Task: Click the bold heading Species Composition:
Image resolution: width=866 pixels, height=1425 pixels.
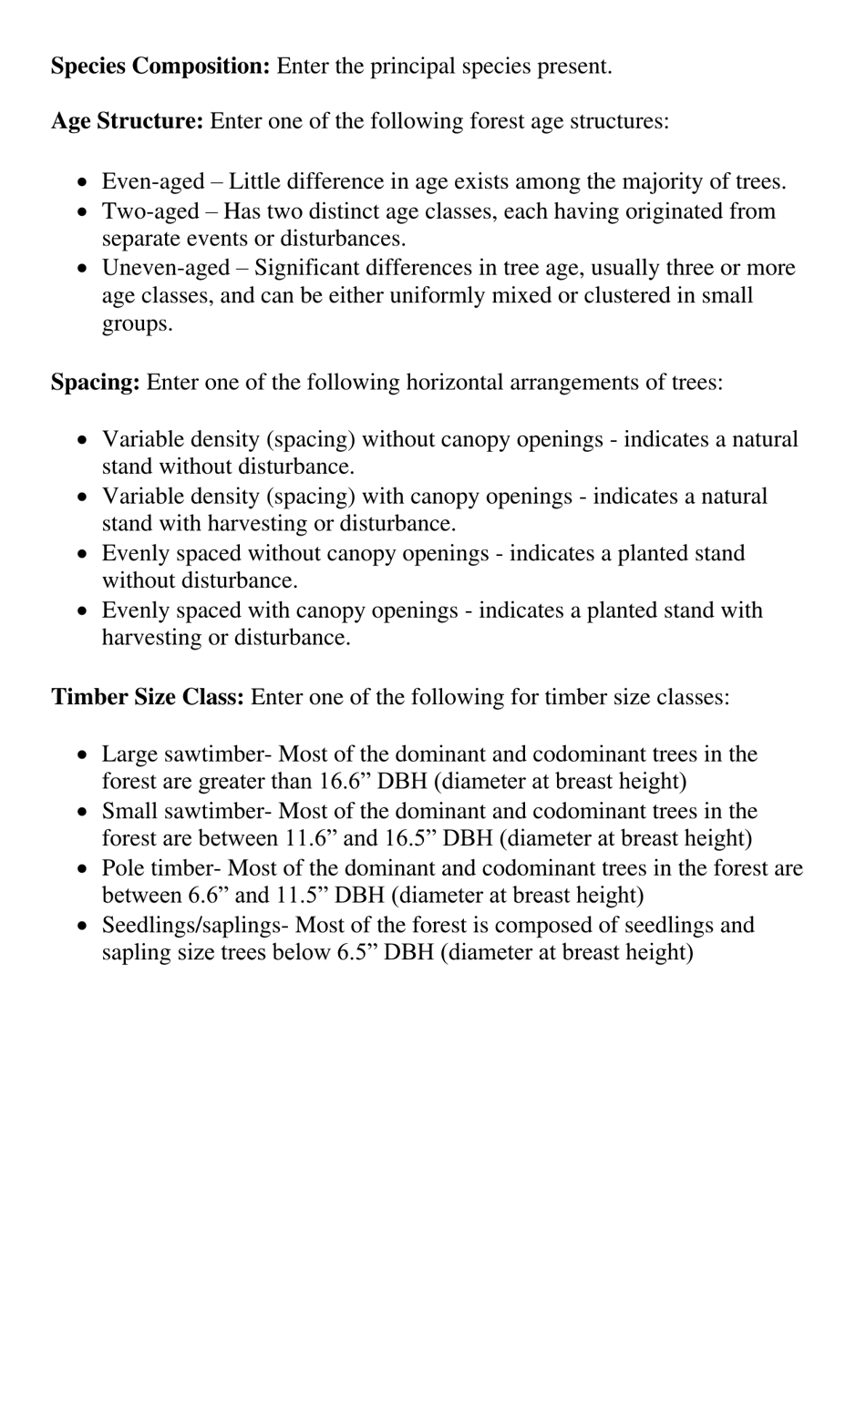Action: click(x=160, y=67)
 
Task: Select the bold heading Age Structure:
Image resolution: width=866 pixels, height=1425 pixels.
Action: click(x=128, y=121)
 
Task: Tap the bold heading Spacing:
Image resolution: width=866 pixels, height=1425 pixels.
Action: click(x=96, y=382)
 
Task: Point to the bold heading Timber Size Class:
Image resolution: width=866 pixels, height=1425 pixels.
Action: click(x=148, y=697)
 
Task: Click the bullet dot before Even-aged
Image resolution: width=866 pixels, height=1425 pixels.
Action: click(x=83, y=183)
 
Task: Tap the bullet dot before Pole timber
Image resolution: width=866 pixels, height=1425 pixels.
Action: click(x=83, y=869)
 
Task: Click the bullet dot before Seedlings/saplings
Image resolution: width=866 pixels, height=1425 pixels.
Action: click(x=83, y=927)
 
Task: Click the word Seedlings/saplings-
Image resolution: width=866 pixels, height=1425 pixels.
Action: click(x=196, y=926)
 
